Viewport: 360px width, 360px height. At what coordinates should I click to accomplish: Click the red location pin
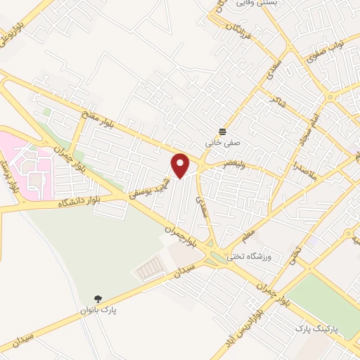tap(181, 165)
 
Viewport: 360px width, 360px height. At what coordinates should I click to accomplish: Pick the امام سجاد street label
tap(307, 129)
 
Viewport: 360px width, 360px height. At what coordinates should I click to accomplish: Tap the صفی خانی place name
tap(217, 142)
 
